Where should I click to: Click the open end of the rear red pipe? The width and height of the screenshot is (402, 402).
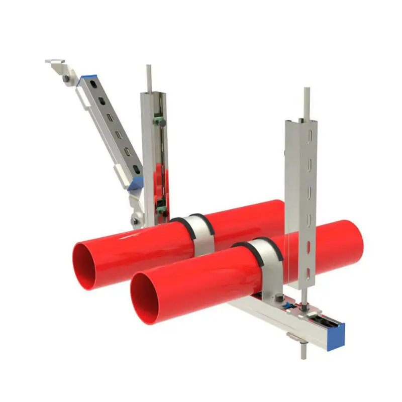point(87,265)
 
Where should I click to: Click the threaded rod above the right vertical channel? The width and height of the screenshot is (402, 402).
point(307,103)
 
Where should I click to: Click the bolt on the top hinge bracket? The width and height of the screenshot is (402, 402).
point(66,78)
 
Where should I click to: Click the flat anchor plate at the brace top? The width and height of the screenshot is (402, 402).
point(54,62)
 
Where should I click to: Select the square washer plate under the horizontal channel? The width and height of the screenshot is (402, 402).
point(297,336)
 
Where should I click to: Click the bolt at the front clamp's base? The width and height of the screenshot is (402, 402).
point(277,298)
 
